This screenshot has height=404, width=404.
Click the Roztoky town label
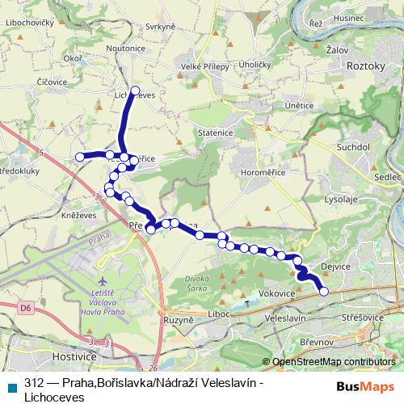click(x=368, y=65)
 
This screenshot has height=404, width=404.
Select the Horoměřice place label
click(x=259, y=172)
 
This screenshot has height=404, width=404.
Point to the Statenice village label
click(x=216, y=131)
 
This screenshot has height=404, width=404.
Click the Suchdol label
click(x=352, y=148)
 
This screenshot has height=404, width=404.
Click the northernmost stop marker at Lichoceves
click(x=135, y=90)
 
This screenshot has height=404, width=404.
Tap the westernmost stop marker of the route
click(x=80, y=157)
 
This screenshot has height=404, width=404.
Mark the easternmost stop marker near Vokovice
click(x=325, y=292)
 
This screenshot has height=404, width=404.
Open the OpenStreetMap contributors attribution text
click(x=334, y=362)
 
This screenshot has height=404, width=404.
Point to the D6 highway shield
click(x=25, y=307)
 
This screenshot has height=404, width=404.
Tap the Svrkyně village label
click(x=161, y=27)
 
